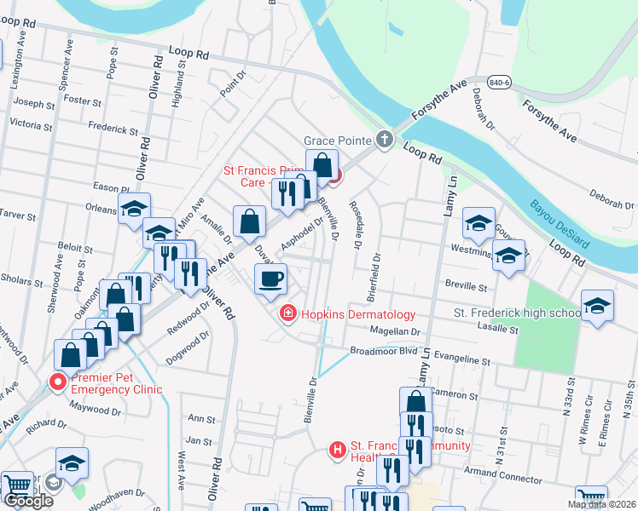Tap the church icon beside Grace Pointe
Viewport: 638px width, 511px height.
coord(385,139)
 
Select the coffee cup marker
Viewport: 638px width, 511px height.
coord(271,278)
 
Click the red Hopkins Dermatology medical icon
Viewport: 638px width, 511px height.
coord(288,315)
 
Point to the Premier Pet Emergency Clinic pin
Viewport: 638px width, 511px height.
coord(58,382)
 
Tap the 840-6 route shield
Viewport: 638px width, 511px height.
coord(501,82)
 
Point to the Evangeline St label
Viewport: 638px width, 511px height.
coord(461,361)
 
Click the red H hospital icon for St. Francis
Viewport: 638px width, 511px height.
coord(338,449)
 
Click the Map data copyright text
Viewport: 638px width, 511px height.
coord(601,504)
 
